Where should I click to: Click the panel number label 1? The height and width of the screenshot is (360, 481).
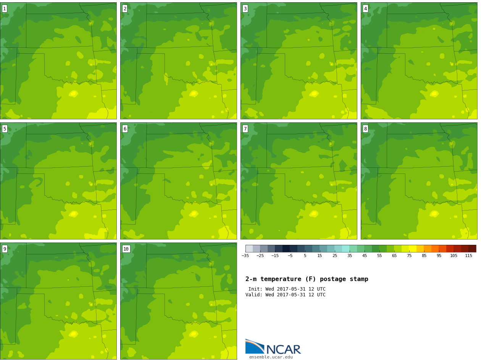[5, 9]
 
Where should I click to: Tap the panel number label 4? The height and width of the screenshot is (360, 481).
[365, 9]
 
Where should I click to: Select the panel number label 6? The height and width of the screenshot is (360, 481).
[125, 129]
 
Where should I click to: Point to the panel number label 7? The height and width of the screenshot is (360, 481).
[245, 129]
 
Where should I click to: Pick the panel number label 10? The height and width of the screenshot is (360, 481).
[126, 249]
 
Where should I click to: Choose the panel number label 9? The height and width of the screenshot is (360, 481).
[5, 249]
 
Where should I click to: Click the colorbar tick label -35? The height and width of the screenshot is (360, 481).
[245, 256]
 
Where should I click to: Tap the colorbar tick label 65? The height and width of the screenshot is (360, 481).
[394, 256]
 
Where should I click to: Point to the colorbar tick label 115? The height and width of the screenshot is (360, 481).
[468, 256]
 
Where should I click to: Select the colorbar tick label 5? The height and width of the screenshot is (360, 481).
[305, 256]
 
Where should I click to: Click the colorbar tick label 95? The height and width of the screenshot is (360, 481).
[439, 256]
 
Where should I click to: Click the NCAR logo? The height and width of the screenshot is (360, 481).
[273, 347]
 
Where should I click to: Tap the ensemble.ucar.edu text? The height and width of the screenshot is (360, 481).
[271, 357]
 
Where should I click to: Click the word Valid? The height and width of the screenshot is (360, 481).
[254, 294]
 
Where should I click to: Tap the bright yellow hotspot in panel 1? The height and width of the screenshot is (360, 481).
[73, 94]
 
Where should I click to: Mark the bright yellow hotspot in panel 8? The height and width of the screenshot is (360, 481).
[434, 214]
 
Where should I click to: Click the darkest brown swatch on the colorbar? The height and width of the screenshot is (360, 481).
[473, 249]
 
